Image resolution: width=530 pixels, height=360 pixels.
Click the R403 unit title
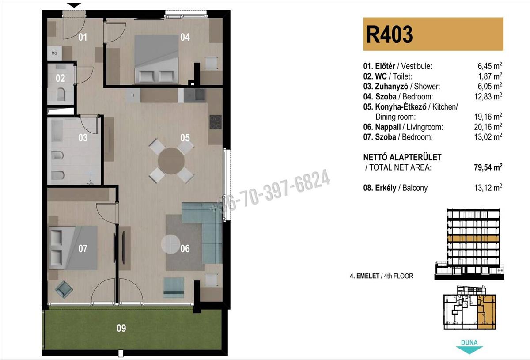coord(389,34)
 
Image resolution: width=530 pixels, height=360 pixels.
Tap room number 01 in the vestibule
coord(83,37)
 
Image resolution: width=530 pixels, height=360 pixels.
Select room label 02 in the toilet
coord(61,78)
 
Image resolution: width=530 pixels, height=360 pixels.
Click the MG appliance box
coord(54,53)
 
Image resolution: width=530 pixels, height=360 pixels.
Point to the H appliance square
coord(133,95)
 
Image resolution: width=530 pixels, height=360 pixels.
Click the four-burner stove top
coord(216,122)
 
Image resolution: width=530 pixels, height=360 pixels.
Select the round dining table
coord(171,161)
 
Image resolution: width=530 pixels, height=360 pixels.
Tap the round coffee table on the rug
coord(170,244)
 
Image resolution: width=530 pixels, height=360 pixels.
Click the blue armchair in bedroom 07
coord(64,289)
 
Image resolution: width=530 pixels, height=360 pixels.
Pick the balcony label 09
coord(121,328)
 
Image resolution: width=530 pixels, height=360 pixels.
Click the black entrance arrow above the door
coord(74,5)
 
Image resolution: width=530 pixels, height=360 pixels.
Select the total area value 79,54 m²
coord(488,167)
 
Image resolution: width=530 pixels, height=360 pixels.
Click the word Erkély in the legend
coord(386,188)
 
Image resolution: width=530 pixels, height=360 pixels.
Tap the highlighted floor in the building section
coord(473,239)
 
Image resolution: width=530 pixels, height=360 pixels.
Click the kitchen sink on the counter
coord(194,95)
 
